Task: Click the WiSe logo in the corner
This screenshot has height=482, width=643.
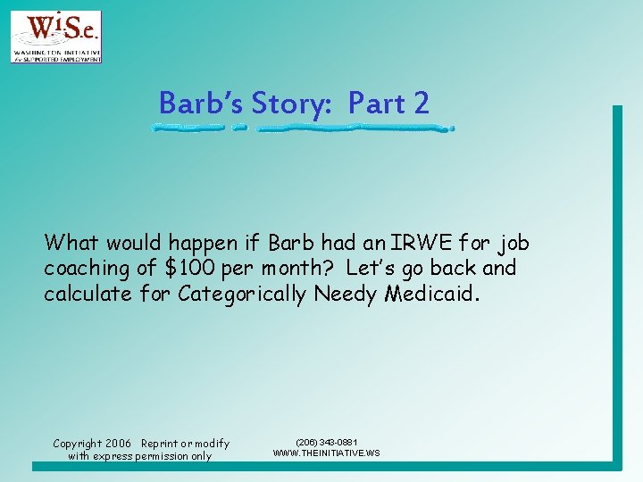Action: coord(55,37)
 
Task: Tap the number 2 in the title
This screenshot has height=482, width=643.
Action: coord(421,104)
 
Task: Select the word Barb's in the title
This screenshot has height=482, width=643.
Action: coord(202,104)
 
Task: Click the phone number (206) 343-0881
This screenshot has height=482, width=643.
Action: coord(326,442)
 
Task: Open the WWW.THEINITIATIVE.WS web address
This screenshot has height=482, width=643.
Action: coord(326,453)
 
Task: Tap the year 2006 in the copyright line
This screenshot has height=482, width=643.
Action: coord(118,444)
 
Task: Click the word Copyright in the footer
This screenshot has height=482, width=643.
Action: coord(78,444)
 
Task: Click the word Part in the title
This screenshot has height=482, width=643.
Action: coord(375,104)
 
